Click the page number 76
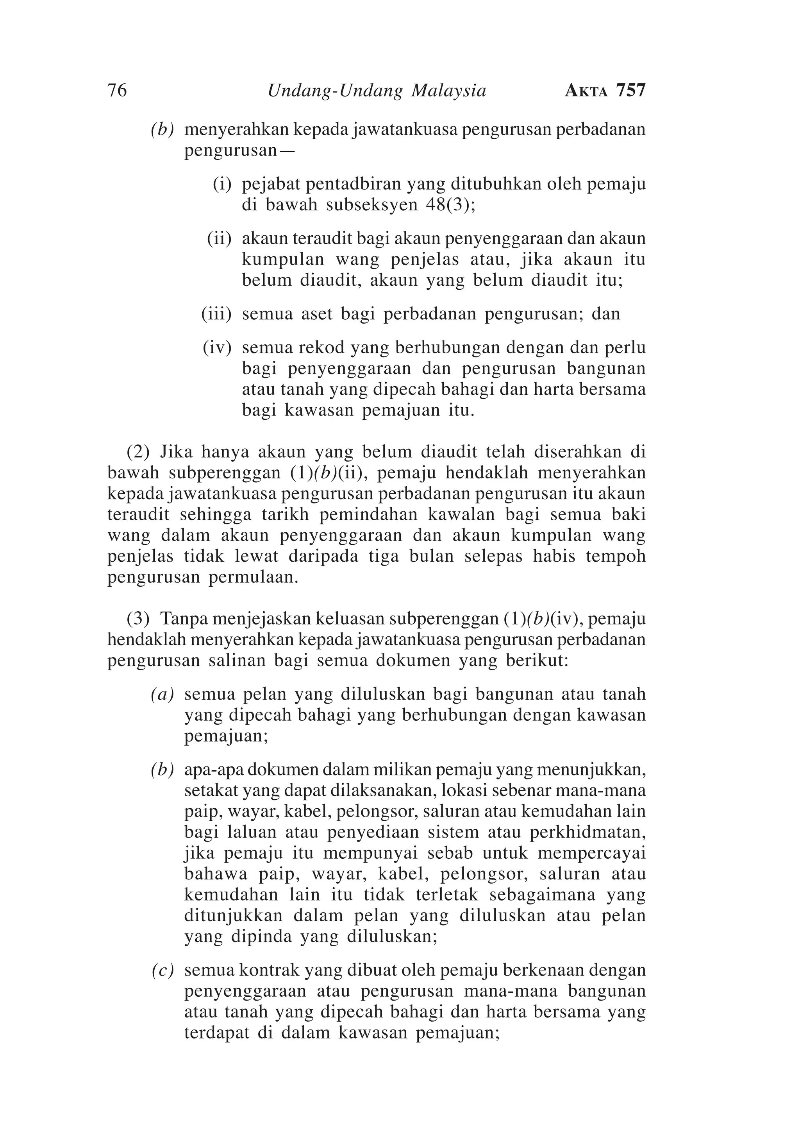click(x=117, y=91)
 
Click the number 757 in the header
click(x=631, y=91)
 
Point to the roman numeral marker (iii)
click(x=216, y=314)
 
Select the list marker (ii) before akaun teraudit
click(x=219, y=239)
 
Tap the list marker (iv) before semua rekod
click(x=217, y=348)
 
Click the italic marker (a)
click(x=163, y=694)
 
